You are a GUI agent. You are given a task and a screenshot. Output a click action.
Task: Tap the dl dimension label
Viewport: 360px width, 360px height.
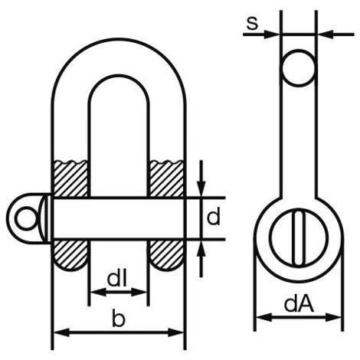[x=117, y=280]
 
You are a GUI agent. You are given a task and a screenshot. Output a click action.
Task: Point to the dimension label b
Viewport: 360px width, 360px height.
[x=117, y=320]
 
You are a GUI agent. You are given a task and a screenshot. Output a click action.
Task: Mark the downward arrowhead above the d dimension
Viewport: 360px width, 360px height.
[x=201, y=190]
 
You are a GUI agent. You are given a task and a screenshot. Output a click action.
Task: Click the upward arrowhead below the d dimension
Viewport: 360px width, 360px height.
[x=201, y=247]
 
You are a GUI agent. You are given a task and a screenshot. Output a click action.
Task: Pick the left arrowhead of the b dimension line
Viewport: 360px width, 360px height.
[x=57, y=333]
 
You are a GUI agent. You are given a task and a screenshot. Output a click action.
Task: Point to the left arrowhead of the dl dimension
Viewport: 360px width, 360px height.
[x=94, y=292]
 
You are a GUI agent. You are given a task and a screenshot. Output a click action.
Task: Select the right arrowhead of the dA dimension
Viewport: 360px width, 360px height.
[x=335, y=316]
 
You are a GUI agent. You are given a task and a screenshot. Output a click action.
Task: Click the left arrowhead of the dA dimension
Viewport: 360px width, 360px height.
[x=260, y=316]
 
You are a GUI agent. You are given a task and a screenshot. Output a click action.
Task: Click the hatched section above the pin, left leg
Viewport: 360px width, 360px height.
[x=70, y=178]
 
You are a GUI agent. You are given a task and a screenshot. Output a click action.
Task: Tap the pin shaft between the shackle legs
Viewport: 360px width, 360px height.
[x=119, y=218]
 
